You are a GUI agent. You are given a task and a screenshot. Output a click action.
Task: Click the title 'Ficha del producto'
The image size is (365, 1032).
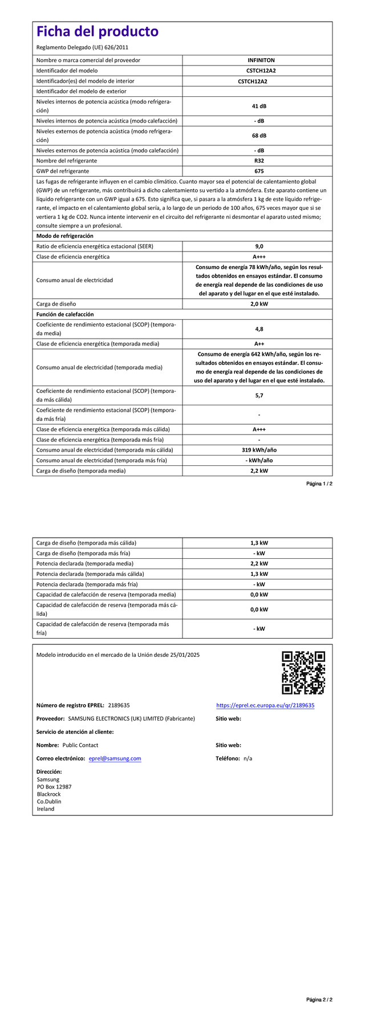click(98, 31)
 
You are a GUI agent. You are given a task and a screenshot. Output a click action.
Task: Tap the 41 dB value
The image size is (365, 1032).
click(259, 106)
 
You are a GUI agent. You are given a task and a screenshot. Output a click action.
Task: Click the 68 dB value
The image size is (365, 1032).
click(259, 136)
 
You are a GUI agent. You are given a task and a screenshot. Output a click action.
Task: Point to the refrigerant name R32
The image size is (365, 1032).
click(259, 161)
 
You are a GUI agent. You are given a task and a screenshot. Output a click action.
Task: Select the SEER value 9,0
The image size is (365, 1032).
click(259, 246)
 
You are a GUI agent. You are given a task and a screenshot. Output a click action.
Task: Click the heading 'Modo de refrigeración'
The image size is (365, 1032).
click(65, 236)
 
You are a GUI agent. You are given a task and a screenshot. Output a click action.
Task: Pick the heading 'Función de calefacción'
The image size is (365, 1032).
click(65, 314)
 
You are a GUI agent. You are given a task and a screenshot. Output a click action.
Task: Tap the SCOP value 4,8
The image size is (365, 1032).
click(259, 329)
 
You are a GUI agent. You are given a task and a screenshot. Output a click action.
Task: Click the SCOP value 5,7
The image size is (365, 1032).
click(259, 395)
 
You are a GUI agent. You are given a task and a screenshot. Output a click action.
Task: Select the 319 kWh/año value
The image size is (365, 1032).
click(259, 450)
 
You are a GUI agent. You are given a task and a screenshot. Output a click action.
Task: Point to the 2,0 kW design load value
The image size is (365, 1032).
click(259, 304)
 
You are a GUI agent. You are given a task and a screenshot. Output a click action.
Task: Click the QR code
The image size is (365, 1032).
click(303, 673)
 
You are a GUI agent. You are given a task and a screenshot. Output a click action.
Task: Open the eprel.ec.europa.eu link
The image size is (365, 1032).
click(265, 705)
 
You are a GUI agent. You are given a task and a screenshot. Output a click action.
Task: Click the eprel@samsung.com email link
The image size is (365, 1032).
click(115, 758)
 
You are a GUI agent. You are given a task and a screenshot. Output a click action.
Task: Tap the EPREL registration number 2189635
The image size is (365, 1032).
click(119, 705)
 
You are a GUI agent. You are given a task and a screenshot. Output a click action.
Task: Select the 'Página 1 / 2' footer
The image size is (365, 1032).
click(319, 484)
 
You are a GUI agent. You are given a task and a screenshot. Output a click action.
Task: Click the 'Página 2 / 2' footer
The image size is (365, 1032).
click(319, 1015)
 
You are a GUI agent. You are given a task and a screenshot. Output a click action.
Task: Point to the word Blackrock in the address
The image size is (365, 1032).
click(48, 794)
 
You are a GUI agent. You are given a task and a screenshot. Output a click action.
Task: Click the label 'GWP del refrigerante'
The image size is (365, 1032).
click(63, 171)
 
